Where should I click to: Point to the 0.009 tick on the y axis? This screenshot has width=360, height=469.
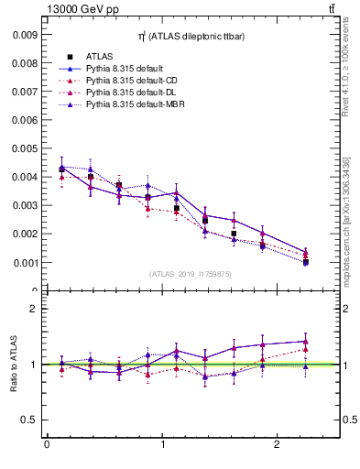tap(26, 34)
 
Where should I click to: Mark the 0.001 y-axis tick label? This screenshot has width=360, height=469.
tap(26, 263)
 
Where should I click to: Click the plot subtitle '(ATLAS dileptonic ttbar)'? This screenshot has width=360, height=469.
tap(191, 35)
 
